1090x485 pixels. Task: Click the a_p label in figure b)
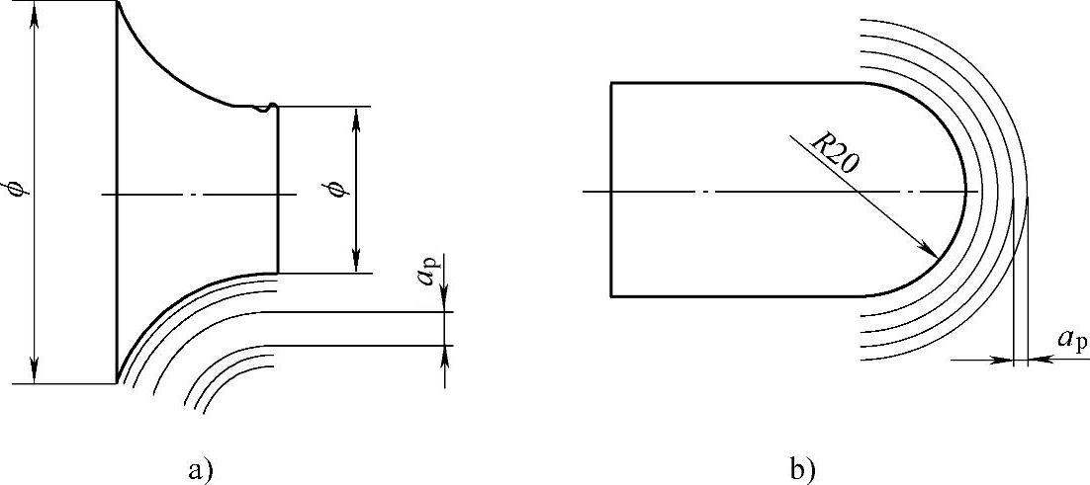[x=1072, y=339]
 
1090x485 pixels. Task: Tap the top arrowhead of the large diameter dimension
[x=37, y=10]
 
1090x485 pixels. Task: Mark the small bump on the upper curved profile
[x=264, y=108]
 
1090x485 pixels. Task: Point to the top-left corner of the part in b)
[x=611, y=83]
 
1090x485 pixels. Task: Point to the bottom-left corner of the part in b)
[x=611, y=294]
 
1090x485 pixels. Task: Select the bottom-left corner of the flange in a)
[x=117, y=382]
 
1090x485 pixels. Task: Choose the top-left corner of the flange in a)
[x=117, y=2]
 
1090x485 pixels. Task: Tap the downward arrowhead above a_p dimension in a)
[x=445, y=302]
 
